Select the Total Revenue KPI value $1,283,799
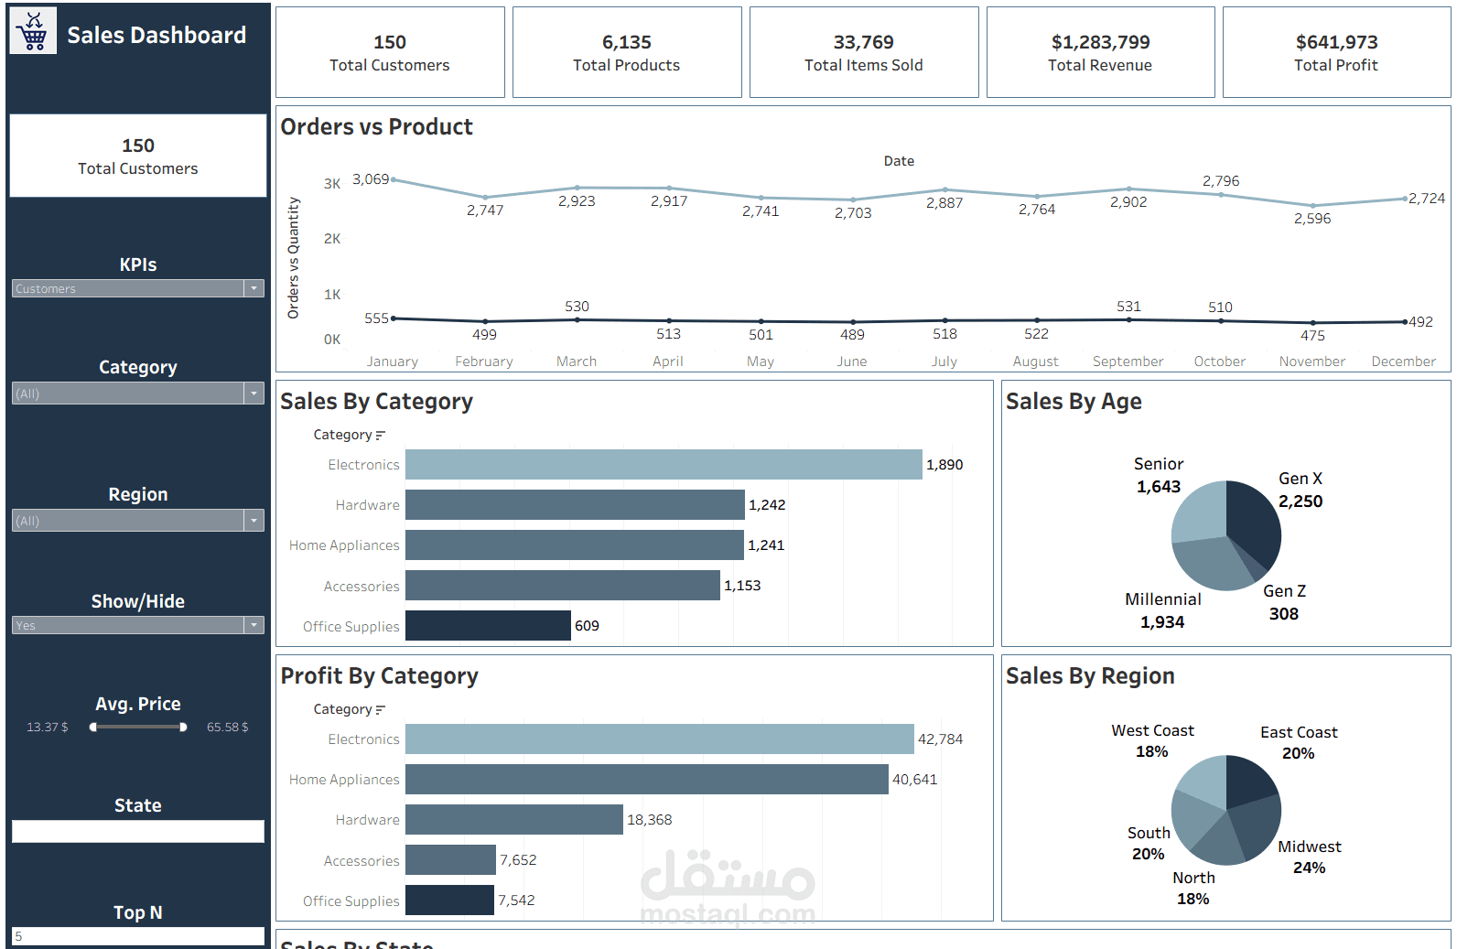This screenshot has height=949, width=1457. [x=1100, y=42]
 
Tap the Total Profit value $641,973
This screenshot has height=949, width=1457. [x=1336, y=42]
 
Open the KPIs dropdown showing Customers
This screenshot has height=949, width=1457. [x=137, y=288]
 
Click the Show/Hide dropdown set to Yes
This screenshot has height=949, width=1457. [x=137, y=625]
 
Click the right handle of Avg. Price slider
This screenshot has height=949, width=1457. [x=183, y=728]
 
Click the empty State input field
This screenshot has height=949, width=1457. [x=137, y=831]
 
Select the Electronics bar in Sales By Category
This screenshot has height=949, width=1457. [x=663, y=464]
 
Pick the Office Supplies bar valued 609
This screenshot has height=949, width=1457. [x=487, y=625]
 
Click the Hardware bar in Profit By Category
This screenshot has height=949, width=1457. [x=513, y=819]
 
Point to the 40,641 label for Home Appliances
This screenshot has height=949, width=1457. [x=914, y=780]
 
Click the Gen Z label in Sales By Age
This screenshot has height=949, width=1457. [x=1284, y=591]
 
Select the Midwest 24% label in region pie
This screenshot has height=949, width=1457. [x=1309, y=857]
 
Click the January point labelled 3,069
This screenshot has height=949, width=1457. [x=394, y=179]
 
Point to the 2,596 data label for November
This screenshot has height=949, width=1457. [x=1311, y=219]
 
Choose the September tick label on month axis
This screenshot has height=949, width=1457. [x=1128, y=361]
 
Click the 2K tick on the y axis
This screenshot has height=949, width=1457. [x=331, y=239]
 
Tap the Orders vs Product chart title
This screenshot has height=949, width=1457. [x=376, y=127]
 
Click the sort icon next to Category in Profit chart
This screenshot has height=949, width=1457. [x=381, y=710]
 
